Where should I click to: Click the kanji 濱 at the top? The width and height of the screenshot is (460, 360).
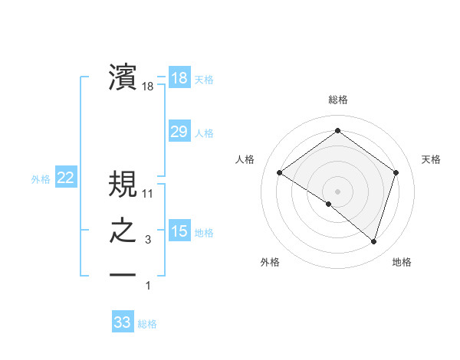123,79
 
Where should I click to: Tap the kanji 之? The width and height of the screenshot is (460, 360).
123,232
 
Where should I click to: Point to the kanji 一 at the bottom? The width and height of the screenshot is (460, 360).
123,273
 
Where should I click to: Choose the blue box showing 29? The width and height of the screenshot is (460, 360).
179,132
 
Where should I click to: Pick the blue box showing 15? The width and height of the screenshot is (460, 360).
179,231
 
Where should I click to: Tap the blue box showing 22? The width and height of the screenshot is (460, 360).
66,178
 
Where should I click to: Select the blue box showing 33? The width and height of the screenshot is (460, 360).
123,322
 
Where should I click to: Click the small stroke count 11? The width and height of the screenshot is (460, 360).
148,194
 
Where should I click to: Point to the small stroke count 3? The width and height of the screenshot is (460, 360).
148,241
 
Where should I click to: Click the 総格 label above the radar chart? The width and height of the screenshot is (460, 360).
337,100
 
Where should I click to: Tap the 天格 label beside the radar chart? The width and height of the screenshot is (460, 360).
431,159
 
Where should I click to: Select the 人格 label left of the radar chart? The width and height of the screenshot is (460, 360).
245,159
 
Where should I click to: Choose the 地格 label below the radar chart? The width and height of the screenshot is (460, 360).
402,262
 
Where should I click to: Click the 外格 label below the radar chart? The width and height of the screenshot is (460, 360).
270,262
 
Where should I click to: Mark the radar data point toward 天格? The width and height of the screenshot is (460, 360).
396,172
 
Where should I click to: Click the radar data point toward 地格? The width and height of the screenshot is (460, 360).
373,241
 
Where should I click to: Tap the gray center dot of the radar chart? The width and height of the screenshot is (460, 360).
337,191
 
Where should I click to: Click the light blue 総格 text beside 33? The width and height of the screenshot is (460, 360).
147,324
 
